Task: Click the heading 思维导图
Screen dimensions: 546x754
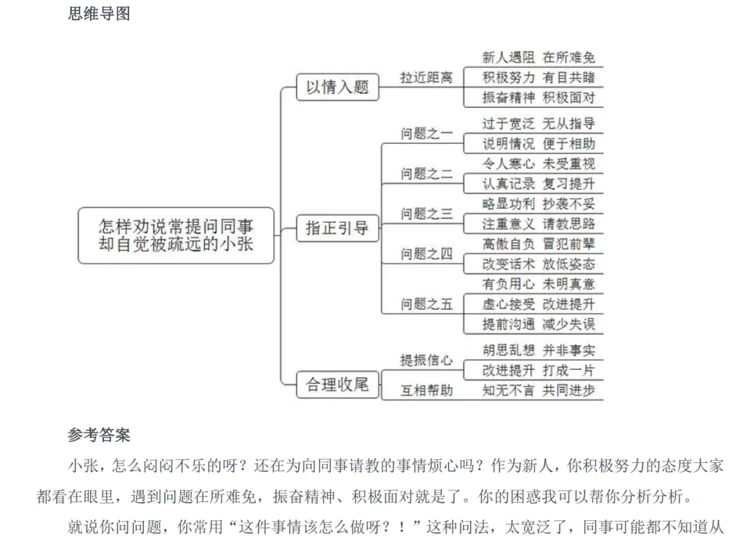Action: click(99, 14)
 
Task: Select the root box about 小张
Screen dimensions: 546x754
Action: click(176, 235)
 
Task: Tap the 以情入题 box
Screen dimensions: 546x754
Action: click(337, 87)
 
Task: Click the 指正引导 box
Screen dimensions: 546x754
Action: click(337, 228)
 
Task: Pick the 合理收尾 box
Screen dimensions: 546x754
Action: click(337, 384)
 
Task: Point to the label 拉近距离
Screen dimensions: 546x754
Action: click(426, 78)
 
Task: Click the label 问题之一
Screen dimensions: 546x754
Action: click(427, 134)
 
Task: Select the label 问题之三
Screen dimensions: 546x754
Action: click(427, 214)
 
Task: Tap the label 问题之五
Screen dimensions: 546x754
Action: click(427, 304)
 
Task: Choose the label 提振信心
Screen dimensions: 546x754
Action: click(426, 360)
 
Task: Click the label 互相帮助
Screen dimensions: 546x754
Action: click(426, 390)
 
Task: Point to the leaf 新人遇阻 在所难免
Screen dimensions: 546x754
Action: click(538, 57)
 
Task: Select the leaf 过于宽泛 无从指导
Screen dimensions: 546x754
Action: click(538, 124)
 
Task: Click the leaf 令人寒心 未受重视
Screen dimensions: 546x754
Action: click(538, 164)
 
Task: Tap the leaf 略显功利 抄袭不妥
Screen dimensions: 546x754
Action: click(538, 204)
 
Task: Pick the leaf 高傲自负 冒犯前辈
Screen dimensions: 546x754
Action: click(538, 244)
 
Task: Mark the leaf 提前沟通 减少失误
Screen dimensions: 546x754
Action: click(538, 324)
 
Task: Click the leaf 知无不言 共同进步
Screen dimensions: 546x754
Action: click(538, 390)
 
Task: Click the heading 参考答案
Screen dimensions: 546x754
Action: click(99, 435)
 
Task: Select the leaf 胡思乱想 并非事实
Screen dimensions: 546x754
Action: click(538, 350)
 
